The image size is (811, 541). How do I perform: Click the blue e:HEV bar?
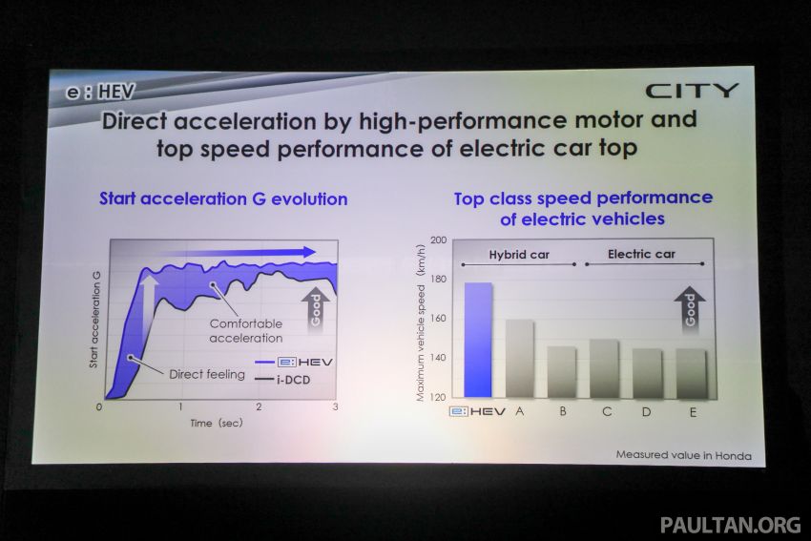click(478, 339)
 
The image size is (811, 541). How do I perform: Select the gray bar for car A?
click(519, 358)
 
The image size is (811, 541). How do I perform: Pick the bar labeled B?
click(561, 371)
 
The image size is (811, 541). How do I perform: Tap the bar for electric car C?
click(603, 367)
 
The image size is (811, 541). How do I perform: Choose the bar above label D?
click(647, 372)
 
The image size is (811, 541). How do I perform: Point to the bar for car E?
click(691, 372)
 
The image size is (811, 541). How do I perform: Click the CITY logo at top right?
click(692, 92)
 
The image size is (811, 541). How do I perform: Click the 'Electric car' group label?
click(642, 255)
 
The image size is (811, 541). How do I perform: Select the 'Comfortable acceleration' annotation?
click(246, 330)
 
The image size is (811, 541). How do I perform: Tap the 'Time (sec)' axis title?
click(217, 422)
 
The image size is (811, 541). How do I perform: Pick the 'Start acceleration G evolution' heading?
click(223, 199)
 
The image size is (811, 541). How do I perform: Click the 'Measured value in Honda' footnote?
click(683, 456)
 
